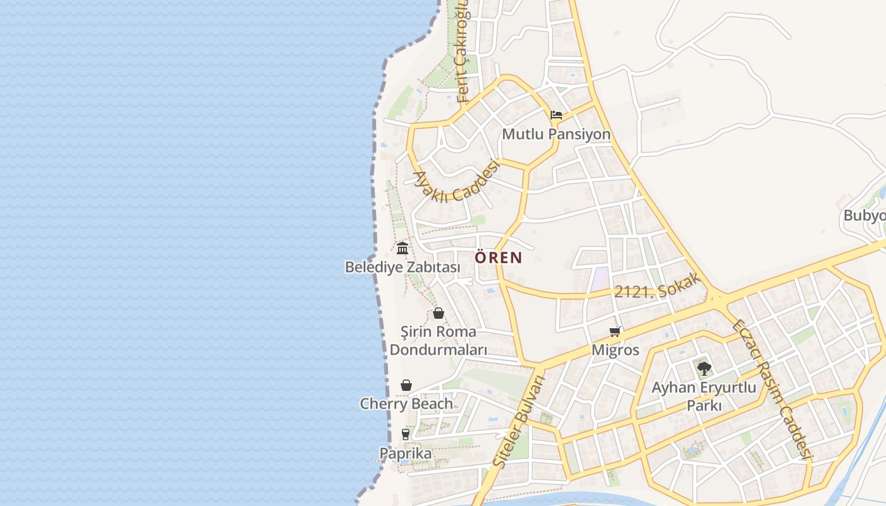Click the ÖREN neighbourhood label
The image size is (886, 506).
[x=498, y=257]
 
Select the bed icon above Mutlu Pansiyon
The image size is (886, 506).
[x=556, y=115]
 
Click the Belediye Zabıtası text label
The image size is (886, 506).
[x=402, y=268]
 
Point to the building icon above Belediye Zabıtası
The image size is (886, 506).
[x=402, y=247]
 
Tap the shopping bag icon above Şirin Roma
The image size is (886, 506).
[x=439, y=313]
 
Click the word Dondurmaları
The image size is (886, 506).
[x=439, y=350]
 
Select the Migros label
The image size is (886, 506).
[x=615, y=350]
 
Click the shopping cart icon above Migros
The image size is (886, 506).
[x=615, y=331]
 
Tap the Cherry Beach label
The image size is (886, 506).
[x=406, y=404]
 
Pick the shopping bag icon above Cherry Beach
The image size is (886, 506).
[x=406, y=385]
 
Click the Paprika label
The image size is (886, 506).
[x=406, y=454]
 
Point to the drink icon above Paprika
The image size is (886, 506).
[x=406, y=435]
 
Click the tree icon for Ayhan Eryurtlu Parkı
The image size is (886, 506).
[x=704, y=368]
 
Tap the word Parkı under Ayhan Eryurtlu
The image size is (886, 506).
[x=704, y=406]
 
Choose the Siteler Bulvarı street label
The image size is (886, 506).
[x=518, y=422]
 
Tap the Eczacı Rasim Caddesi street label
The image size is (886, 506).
[x=771, y=390]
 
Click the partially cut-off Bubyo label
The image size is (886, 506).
[x=864, y=216]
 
